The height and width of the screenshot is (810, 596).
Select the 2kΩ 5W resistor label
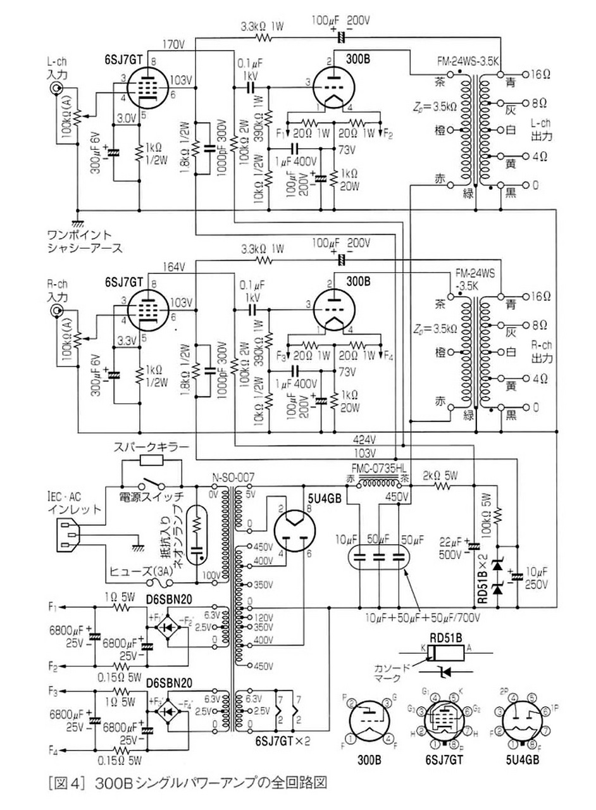pos(440,474)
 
